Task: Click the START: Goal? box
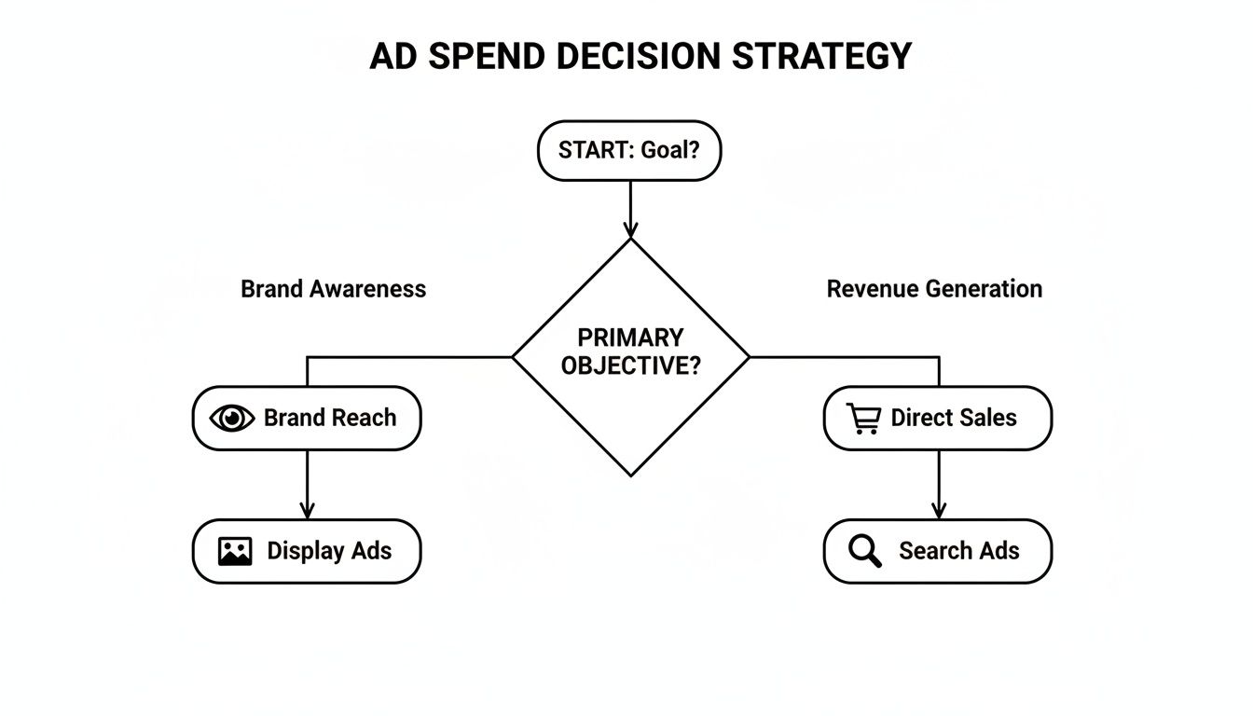coord(629,150)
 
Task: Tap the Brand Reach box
coord(307,419)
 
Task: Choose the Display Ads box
coord(307,551)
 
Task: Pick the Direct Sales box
coord(938,419)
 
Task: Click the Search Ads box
coord(938,551)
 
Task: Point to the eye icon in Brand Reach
coord(232,419)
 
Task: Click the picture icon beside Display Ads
coord(235,552)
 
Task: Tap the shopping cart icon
coord(863,419)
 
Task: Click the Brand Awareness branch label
coord(333,289)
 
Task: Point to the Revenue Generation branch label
coord(934,289)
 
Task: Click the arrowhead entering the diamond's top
coord(630,228)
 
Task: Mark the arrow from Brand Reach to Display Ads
coord(307,485)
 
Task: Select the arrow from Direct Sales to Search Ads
coord(938,485)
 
